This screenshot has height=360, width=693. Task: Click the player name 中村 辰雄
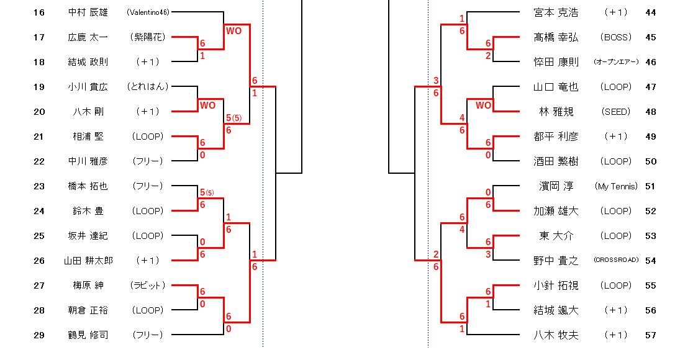pos(88,12)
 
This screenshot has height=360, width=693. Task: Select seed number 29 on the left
pos(39,335)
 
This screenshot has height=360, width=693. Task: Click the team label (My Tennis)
pos(616,186)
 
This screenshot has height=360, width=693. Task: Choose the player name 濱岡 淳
pos(556,186)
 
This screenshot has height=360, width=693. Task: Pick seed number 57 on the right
pos(650,335)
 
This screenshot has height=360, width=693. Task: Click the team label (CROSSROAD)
pos(616,261)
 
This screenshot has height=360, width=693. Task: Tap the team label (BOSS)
pos(616,37)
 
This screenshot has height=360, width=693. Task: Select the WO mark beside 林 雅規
pos(483,106)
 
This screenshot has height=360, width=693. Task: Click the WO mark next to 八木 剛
pos(207,106)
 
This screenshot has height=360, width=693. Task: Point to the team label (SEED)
pos(616,112)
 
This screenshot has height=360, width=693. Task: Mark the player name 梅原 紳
pos(88,286)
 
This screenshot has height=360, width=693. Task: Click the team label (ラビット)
pos(148,286)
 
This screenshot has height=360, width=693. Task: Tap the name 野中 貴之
pos(556,261)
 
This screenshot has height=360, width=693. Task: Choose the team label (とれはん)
pos(148,87)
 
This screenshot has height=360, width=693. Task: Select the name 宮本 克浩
pos(556,12)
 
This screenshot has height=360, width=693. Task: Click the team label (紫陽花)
pos(148,37)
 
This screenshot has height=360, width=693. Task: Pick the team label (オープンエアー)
pos(616,62)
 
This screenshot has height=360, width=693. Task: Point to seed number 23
pos(39,186)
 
